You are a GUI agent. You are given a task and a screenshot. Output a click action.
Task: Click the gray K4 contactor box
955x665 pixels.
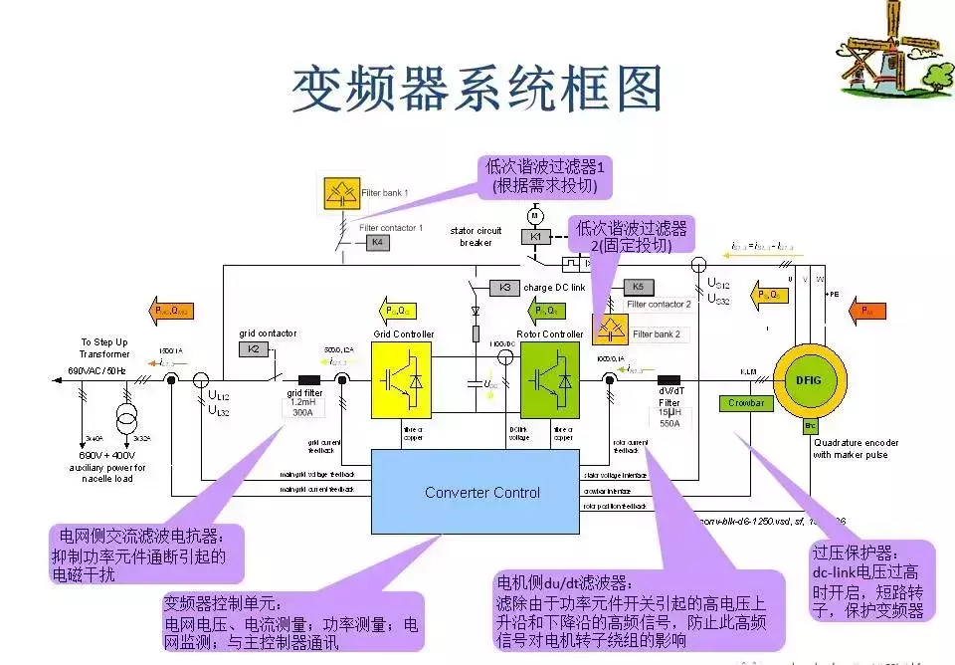tap(376, 242)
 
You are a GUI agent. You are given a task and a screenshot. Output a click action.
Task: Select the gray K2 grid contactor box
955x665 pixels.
tap(253, 349)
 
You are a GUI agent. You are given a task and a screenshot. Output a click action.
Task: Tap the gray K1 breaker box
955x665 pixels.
tap(535, 237)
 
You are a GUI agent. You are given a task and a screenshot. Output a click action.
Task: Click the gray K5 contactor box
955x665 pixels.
tap(638, 288)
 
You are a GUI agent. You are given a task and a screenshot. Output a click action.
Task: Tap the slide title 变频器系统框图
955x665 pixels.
tap(477, 90)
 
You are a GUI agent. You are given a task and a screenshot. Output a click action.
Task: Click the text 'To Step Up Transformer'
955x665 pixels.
tap(105, 347)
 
